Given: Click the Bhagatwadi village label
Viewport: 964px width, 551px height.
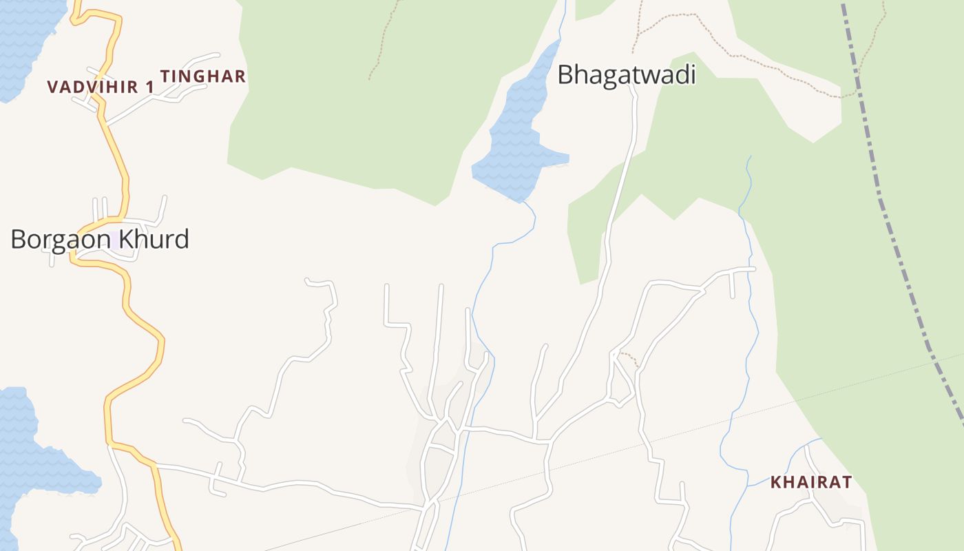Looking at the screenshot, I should click(626, 74).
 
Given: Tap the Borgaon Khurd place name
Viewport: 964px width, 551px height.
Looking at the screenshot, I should click(100, 240).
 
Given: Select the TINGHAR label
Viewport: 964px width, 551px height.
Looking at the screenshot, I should click(203, 76).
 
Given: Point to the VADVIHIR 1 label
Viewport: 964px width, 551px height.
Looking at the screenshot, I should click(101, 87).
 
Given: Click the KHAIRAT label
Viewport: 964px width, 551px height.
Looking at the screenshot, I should click(811, 482).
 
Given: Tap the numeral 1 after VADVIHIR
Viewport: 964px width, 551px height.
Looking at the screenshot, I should click(149, 87).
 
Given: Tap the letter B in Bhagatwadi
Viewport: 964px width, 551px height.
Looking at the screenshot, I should click(565, 74).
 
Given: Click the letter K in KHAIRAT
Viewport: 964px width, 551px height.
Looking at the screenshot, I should click(776, 482).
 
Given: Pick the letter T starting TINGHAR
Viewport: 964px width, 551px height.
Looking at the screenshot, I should click(165, 76).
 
